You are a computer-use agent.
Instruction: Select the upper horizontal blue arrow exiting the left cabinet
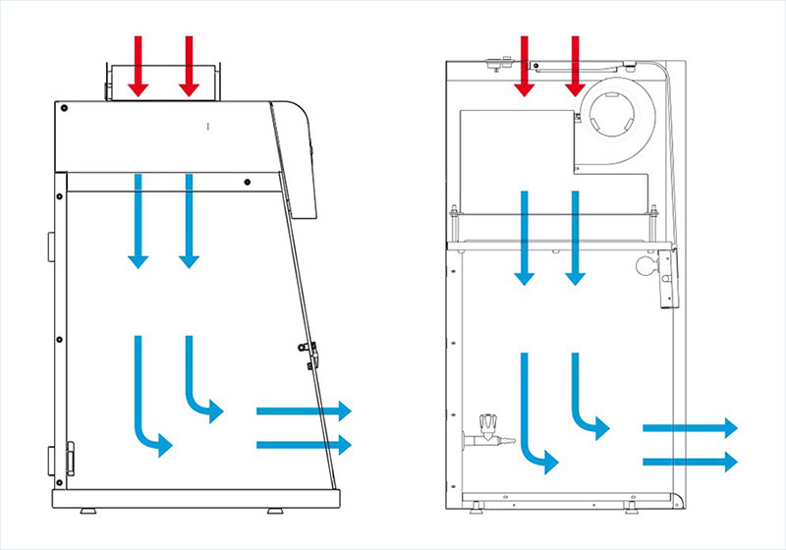pyautogui.click(x=304, y=411)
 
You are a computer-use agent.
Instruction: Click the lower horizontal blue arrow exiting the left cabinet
pyautogui.click(x=304, y=445)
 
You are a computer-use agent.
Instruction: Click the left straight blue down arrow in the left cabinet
pyautogui.click(x=139, y=221)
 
